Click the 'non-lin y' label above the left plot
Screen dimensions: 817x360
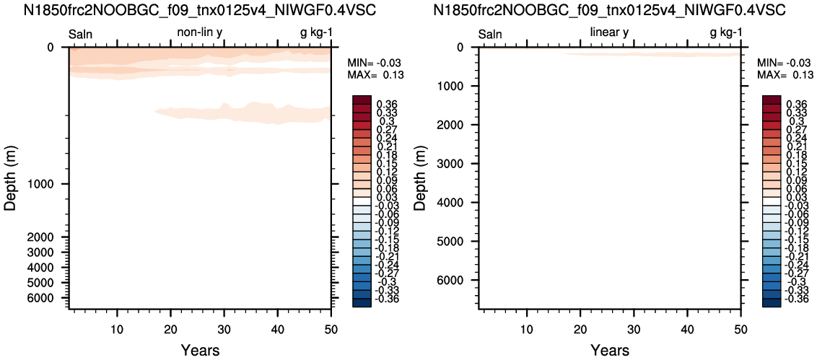[200, 33]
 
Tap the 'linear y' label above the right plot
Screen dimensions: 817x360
[609, 33]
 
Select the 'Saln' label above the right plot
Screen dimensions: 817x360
[490, 35]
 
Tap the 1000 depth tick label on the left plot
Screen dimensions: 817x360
[48, 184]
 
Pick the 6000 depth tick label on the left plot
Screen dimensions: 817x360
[48, 298]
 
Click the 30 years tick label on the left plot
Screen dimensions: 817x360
[224, 329]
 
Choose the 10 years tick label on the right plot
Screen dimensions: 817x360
[527, 329]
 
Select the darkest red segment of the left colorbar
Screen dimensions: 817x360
[361, 100]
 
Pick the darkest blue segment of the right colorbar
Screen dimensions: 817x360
[771, 303]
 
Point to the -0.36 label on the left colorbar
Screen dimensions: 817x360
[386, 299]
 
